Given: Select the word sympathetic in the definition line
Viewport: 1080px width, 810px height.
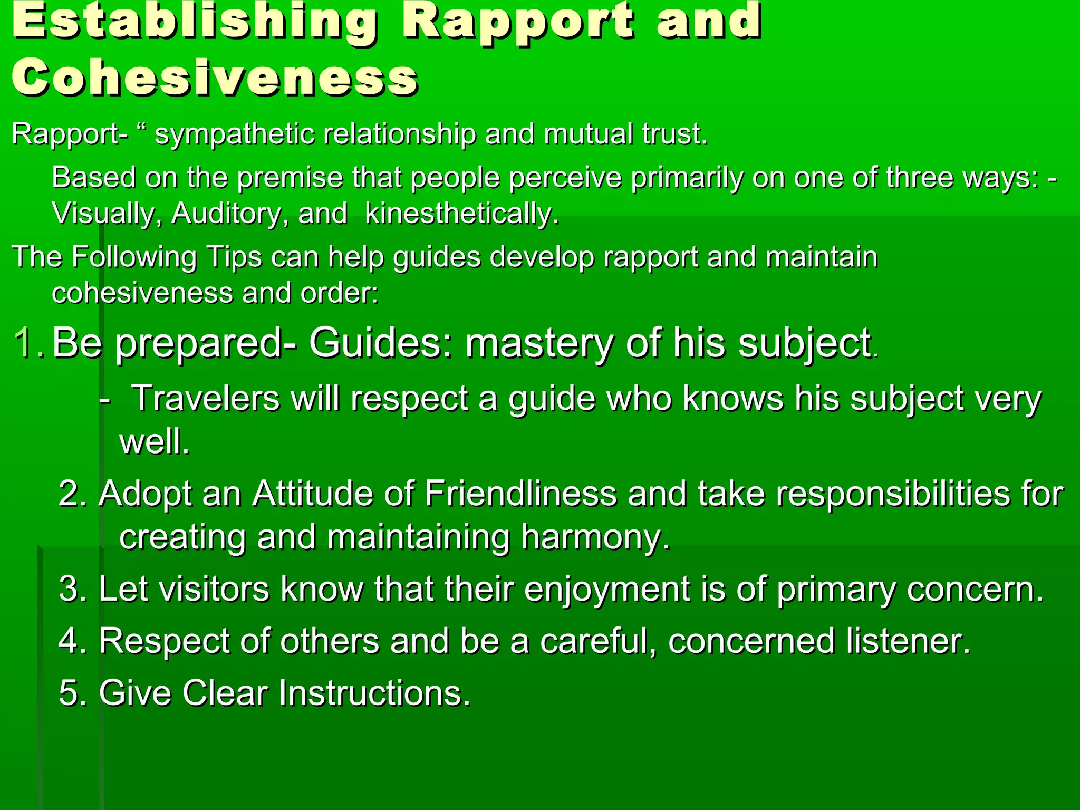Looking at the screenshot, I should [x=236, y=134].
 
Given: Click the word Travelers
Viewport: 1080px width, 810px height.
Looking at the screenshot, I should [x=205, y=398].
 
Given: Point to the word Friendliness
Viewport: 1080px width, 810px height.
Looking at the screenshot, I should [x=520, y=494].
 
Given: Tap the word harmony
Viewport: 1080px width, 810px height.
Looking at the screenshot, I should [x=595, y=537].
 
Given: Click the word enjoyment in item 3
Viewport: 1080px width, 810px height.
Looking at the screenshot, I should [x=607, y=589].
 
